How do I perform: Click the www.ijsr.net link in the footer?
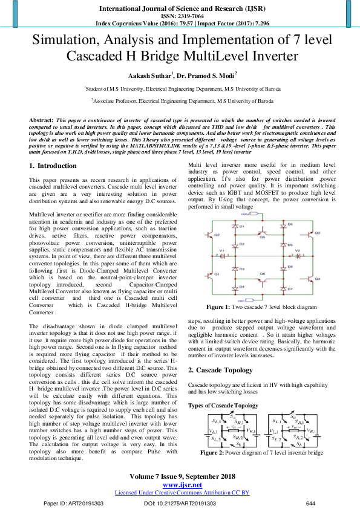coord(182,485)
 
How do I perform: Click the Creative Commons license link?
coord(182,493)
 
